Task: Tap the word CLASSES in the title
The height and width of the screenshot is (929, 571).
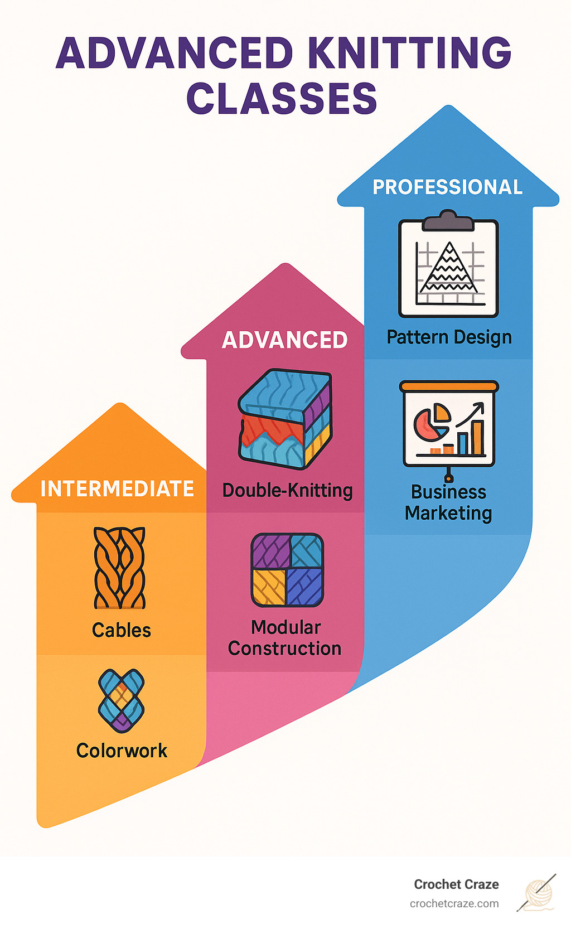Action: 282,99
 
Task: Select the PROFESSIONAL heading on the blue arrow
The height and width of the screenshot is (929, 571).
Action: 447,187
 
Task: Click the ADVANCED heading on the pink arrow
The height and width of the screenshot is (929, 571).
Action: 284,340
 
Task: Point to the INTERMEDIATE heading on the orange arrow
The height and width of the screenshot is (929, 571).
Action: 117,489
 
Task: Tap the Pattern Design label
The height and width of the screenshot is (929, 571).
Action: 449,337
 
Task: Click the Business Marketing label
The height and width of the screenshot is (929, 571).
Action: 449,502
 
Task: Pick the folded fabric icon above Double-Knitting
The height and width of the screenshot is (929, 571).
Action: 285,418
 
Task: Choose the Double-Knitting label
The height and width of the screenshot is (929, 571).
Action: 287,491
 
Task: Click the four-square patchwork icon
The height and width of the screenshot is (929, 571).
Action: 287,570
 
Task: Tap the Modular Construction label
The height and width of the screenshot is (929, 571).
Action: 285,638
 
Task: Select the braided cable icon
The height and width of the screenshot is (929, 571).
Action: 119,568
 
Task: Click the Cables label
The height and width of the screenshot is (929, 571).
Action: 122,630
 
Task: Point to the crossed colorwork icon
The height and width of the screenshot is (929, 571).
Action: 121,700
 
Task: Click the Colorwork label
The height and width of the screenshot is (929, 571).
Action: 122,751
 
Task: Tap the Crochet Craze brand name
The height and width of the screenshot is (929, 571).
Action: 456,884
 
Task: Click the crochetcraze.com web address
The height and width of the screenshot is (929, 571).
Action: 454,903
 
